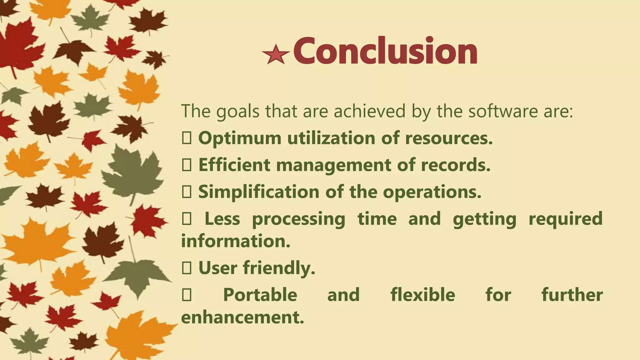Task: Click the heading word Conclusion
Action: pyautogui.click(x=385, y=51)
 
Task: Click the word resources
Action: pyautogui.click(x=449, y=138)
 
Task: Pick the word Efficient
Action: pyautogui.click(x=234, y=165)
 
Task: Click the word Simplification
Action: pyautogui.click(x=258, y=192)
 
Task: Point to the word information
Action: pyautogui.click(x=236, y=241)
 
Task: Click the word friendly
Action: pyautogui.click(x=279, y=268)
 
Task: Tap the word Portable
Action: pyautogui.click(x=260, y=295)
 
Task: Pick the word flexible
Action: pyautogui.click(x=422, y=295)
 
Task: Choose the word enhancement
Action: pyautogui.click(x=242, y=317)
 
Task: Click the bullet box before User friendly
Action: pyautogui.click(x=187, y=268)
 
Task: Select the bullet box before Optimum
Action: pyautogui.click(x=187, y=138)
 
